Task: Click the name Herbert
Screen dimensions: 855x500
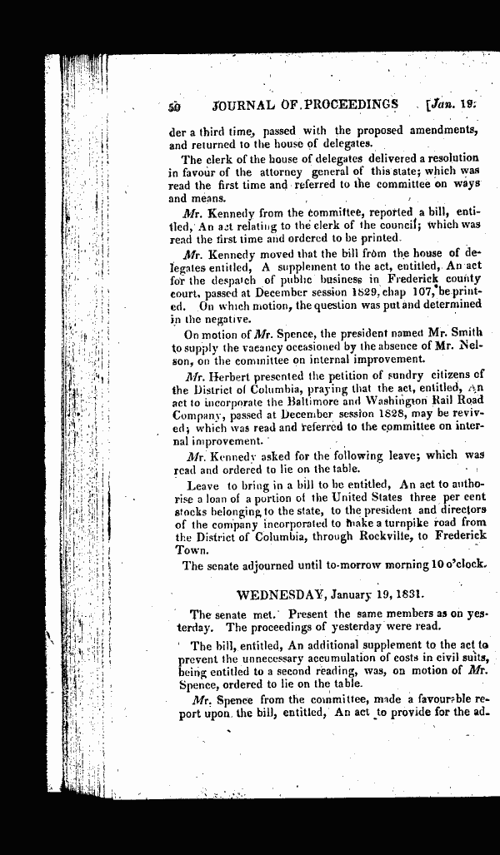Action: click(227, 375)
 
